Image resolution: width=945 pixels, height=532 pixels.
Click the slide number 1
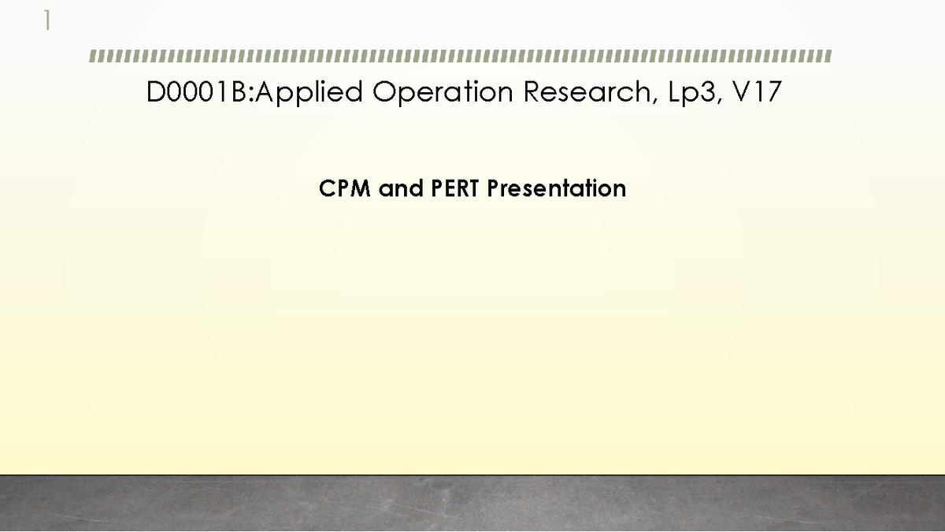pos(47,20)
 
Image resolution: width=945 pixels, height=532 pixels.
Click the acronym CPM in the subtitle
pos(345,189)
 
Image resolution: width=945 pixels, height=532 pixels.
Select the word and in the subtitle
pos(401,189)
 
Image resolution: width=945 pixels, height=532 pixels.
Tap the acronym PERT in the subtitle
pos(456,189)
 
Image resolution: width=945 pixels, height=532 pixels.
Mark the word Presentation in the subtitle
pos(557,189)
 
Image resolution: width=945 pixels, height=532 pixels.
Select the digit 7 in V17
pos(773,92)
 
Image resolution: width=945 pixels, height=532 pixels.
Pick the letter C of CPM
pos(328,189)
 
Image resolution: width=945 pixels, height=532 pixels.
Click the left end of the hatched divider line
pos(92,57)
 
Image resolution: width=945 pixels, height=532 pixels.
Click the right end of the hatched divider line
pos(828,57)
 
